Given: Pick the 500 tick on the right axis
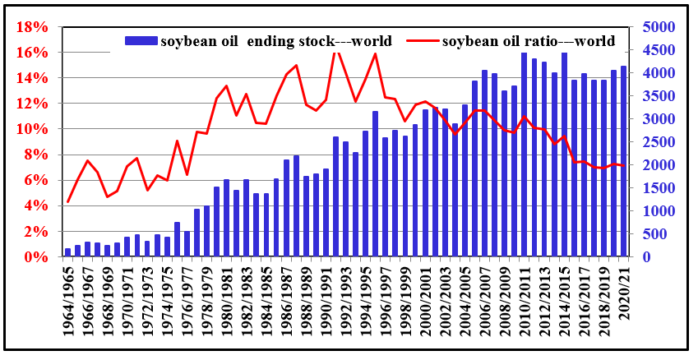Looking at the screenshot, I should coord(657,234).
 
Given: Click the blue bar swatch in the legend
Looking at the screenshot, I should coord(139,40).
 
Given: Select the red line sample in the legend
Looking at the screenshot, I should coord(418,40).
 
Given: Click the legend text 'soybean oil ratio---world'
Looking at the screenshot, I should coord(529,40).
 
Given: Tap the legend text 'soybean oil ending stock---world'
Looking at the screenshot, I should coord(275,40).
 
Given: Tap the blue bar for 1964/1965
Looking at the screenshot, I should coord(68,252).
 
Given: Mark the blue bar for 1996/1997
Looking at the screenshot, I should coord(385,197).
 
